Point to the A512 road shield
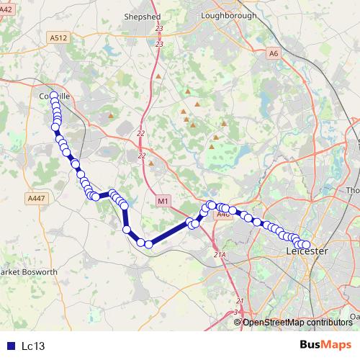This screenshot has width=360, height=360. [x=59, y=37]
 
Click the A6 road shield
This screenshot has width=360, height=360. [x=273, y=53]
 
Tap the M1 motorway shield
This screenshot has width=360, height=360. [x=163, y=201]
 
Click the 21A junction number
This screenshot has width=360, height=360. [x=220, y=254]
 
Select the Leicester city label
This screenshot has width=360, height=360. [x=307, y=251]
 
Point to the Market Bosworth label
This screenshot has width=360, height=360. [x=27, y=272]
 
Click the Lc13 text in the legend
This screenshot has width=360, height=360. [x=33, y=346]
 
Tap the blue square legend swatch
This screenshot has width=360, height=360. [x=10, y=346]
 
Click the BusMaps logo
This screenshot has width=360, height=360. [x=325, y=345]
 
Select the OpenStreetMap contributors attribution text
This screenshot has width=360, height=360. [x=297, y=323]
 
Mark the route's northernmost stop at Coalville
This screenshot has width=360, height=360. [x=54, y=96]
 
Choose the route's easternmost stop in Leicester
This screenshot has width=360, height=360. [x=307, y=245]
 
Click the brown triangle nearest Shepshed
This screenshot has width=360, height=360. [x=158, y=75]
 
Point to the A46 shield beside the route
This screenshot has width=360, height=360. [x=222, y=214]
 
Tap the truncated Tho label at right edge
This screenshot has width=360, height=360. [x=353, y=190]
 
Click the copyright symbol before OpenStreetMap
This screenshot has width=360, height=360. [x=238, y=323]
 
